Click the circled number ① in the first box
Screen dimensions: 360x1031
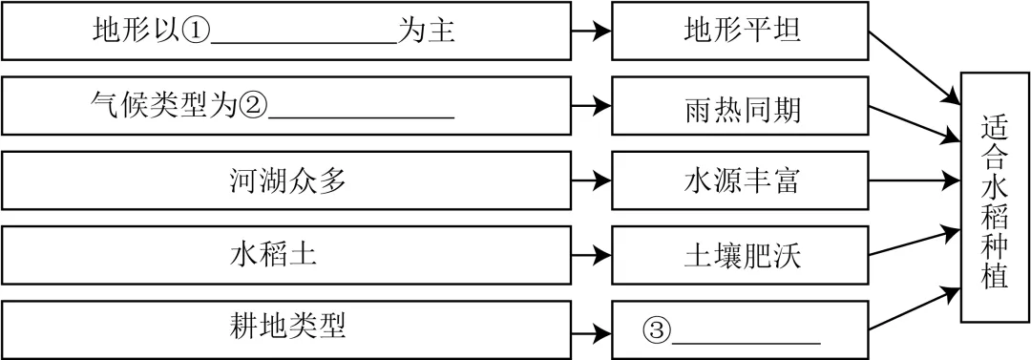[x=196, y=32]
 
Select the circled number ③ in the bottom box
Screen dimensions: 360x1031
[x=658, y=330]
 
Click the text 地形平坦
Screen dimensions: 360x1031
[x=741, y=32]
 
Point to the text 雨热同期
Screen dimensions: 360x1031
[x=741, y=107]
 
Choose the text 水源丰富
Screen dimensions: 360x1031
[x=741, y=181]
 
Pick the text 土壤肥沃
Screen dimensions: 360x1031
[x=741, y=256]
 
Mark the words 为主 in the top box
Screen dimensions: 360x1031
[x=425, y=32]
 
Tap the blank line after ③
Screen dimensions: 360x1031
[x=747, y=342]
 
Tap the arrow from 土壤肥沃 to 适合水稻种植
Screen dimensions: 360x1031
[x=915, y=243]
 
